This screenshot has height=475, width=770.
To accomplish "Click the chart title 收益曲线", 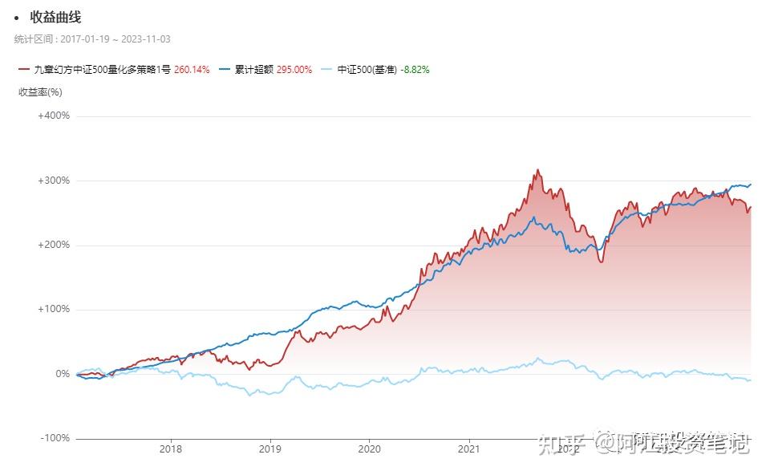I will click(x=55, y=17).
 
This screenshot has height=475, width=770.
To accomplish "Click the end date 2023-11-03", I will click(x=144, y=39).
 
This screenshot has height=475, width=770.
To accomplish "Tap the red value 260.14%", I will click(x=192, y=70).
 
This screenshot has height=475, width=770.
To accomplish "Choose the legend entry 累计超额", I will click(x=253, y=70).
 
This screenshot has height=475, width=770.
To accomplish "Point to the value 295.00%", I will click(x=294, y=70).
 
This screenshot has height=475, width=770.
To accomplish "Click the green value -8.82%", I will click(x=415, y=70).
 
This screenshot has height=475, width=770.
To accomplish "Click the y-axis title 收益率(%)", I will click(x=40, y=92).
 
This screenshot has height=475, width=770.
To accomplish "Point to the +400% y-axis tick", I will click(x=54, y=116).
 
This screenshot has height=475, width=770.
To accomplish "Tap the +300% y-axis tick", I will click(x=54, y=181).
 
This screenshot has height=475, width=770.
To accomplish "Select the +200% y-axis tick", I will click(x=54, y=245).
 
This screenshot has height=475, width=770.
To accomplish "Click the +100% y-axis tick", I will click(x=54, y=309).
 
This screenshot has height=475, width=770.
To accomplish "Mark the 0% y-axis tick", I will click(x=63, y=374).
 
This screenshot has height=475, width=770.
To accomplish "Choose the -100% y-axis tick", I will click(x=55, y=438).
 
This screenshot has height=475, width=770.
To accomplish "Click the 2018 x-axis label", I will click(x=171, y=449).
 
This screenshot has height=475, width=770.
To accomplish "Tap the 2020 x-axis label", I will click(x=369, y=449).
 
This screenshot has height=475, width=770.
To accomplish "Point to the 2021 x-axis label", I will click(x=468, y=449).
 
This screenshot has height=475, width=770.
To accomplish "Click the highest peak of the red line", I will click(x=538, y=170).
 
